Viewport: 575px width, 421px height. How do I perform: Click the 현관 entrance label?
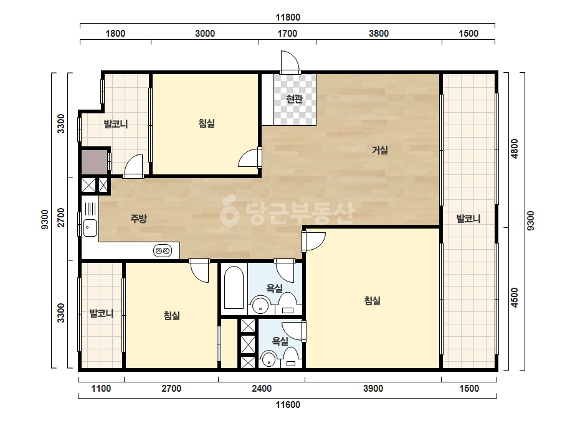294,98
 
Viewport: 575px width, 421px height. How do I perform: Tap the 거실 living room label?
380,149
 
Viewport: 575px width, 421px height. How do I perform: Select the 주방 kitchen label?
139,219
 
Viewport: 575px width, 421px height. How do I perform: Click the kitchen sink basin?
89,228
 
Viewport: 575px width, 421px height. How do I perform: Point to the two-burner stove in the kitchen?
163,251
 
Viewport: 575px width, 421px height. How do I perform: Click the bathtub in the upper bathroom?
234,288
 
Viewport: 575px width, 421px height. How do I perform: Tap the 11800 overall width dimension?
288,17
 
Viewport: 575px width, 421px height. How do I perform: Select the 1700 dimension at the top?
287,34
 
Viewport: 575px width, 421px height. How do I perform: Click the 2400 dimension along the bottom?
262,389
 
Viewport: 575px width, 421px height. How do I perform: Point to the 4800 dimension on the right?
515,148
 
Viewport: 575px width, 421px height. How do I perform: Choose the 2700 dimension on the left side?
61,217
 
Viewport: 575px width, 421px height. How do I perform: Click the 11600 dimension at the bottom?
288,405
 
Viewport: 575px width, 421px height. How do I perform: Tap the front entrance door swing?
290,61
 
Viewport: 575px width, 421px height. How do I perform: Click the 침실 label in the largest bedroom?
372,301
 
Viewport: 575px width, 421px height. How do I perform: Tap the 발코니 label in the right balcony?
468,219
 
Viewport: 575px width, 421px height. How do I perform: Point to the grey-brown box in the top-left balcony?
94,162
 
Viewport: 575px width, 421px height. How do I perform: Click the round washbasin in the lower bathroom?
268,359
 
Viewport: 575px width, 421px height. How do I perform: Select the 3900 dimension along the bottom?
373,389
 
